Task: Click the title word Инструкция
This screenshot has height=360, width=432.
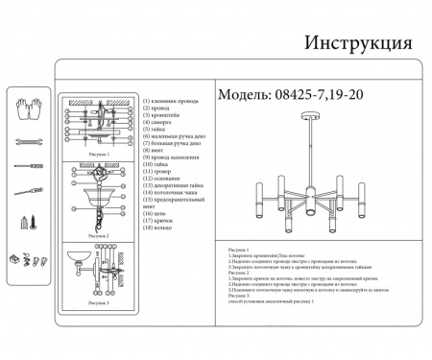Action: (358, 43)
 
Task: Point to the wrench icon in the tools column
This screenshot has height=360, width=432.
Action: (28, 140)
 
